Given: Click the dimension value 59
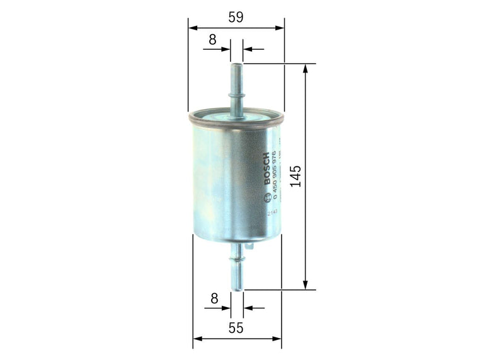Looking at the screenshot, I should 236,18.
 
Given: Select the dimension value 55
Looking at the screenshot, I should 236,328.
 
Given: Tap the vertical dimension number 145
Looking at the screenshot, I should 297,177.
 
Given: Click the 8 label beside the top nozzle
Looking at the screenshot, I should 212,39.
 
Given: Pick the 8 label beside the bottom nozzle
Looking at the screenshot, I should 214,299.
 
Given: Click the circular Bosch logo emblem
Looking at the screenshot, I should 271,195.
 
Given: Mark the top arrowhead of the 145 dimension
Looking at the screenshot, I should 306,67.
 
